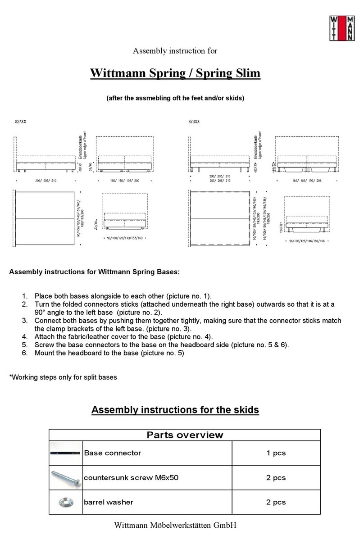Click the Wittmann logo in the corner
342,28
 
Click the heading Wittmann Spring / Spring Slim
175,73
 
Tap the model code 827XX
20,122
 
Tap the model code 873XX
194,122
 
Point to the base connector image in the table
66,453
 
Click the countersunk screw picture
66,477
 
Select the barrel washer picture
66,502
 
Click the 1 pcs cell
276,453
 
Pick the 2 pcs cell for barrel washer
276,502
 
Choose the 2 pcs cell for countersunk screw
276,477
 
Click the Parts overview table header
185,435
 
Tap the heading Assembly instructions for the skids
175,410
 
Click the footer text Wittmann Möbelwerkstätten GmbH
175,525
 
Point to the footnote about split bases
63,377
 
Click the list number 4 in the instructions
25,336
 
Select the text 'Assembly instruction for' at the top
175,51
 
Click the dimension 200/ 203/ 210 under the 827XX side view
45,180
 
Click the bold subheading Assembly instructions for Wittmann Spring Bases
94,272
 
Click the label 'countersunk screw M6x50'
131,477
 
